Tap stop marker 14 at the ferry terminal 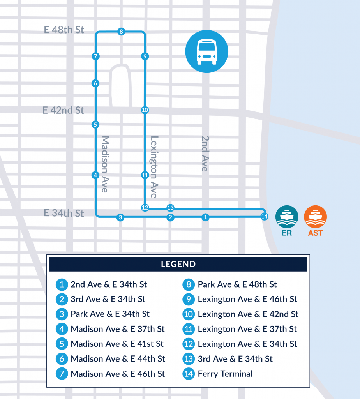pos(264,217)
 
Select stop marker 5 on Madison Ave pos(95,125)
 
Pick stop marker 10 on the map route pos(145,110)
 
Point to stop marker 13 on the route pos(170,208)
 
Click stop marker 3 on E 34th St pos(120,217)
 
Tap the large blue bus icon pos(206,52)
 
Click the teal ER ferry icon pos(287,217)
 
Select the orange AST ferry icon pos(315,217)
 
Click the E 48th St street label pos(64,30)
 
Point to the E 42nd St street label pos(63,111)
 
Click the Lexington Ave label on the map pos(154,167)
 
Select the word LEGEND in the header pos(178,264)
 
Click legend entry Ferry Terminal pos(225,374)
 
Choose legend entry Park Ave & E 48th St pos(237,284)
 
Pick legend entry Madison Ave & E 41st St pos(117,344)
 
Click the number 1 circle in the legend pos(62,284)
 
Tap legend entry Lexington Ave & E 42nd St pos(248,314)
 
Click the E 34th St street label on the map pos(64,213)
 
